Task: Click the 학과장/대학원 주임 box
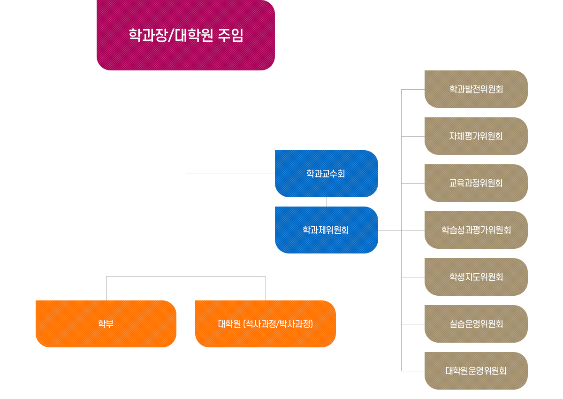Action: (x=185, y=35)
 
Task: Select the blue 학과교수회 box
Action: (x=326, y=174)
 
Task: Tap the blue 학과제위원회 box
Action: (x=326, y=230)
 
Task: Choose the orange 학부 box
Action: (x=106, y=324)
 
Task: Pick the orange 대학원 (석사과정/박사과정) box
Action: (x=265, y=324)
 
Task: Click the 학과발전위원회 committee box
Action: (x=476, y=89)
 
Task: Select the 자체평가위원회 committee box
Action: (x=476, y=136)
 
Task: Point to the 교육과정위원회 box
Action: (x=476, y=183)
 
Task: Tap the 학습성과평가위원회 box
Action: (x=476, y=230)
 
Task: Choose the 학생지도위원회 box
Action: (x=476, y=277)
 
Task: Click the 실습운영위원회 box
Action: (x=476, y=324)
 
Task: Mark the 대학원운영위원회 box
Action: (x=476, y=371)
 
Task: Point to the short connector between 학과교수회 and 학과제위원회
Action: (x=327, y=202)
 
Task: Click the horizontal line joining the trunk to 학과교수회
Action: (x=230, y=174)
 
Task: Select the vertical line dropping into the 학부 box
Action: (x=106, y=289)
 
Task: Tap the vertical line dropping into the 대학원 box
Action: (x=266, y=289)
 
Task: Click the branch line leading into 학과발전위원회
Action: (x=413, y=89)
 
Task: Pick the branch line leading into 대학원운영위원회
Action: (x=413, y=371)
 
